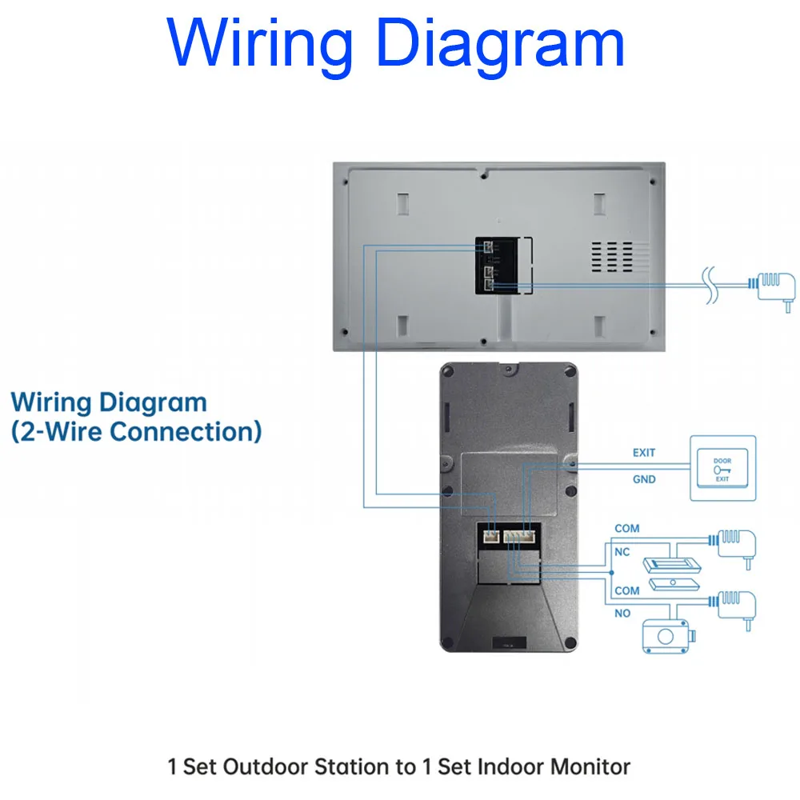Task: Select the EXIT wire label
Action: [644, 453]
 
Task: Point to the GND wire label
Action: [644, 479]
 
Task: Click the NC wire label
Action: [622, 552]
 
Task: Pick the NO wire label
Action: [622, 613]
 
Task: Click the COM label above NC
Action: [627, 529]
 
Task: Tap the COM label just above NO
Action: [627, 590]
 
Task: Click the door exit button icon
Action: [722, 468]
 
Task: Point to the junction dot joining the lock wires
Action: [611, 573]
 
